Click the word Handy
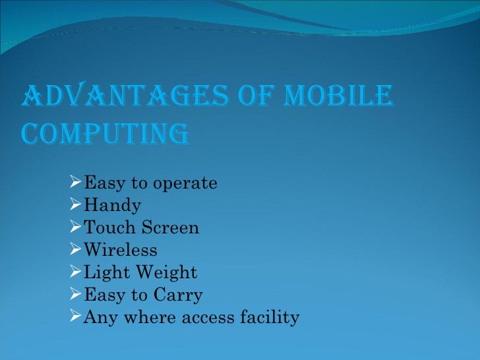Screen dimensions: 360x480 pos(112,206)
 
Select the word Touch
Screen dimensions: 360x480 pos(109,228)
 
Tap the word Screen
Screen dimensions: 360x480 pos(169,228)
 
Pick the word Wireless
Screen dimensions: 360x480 pos(121,251)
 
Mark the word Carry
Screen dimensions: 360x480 pos(179,295)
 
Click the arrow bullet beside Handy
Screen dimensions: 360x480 pos(75,205)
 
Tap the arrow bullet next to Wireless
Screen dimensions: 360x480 pos(75,250)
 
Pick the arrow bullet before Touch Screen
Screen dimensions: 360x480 pos(75,227)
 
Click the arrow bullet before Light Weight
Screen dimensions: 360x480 pos(75,272)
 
